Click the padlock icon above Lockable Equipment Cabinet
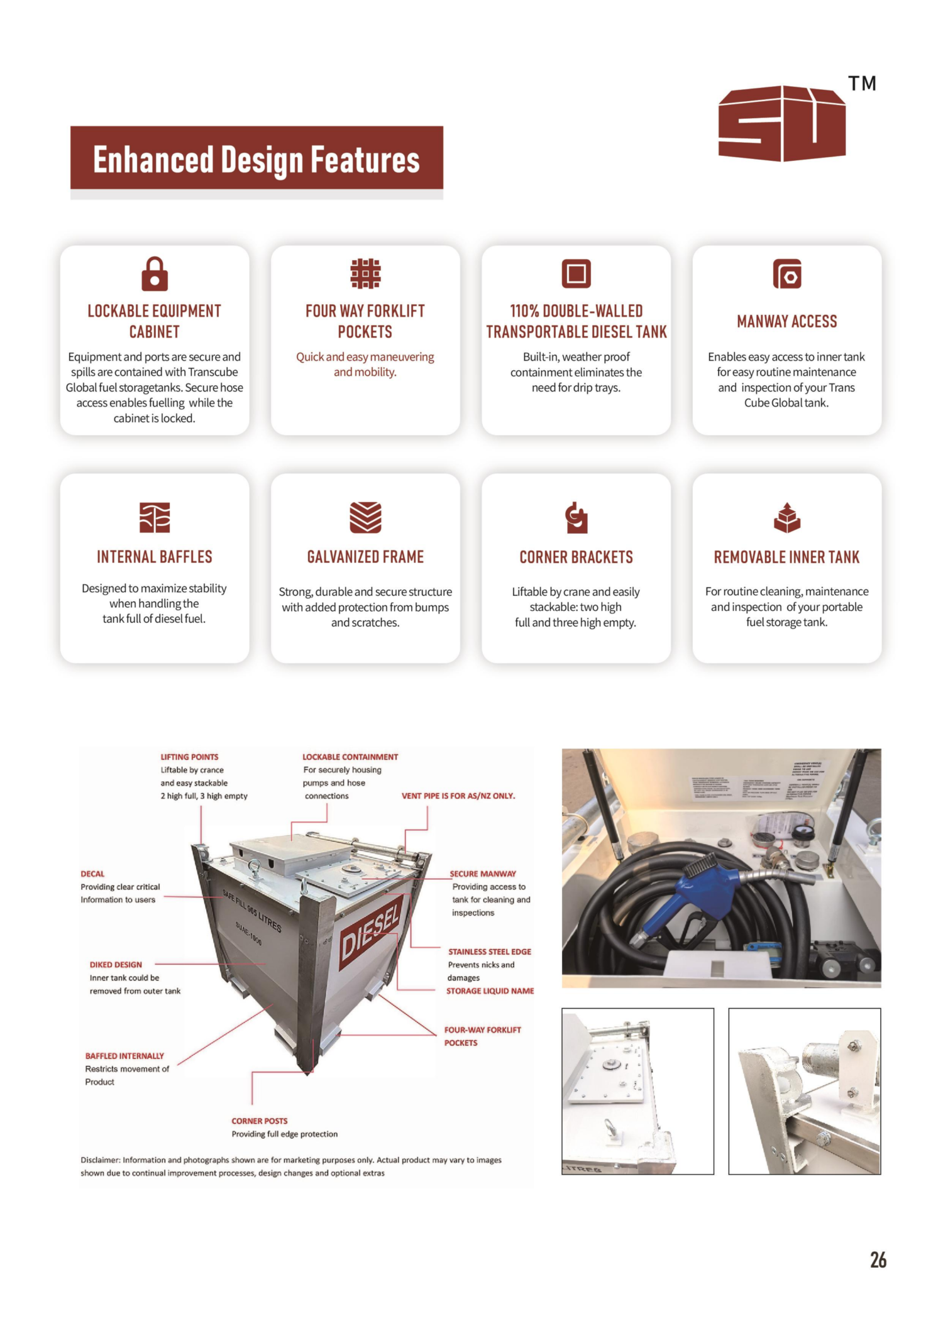click(x=155, y=274)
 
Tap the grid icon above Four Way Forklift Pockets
click(x=365, y=273)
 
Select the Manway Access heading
click(x=786, y=322)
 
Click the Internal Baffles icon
click(x=155, y=517)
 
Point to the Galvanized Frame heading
click(x=365, y=557)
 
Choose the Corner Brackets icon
click(x=576, y=517)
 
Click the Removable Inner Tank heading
click(x=786, y=557)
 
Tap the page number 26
click(x=878, y=1259)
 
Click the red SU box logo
click(x=781, y=123)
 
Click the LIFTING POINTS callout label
click(x=189, y=757)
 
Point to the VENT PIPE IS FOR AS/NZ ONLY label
click(x=458, y=796)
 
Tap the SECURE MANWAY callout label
click(x=483, y=874)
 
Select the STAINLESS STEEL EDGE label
click(x=490, y=952)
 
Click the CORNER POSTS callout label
click(x=259, y=1121)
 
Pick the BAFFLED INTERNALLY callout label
click(x=124, y=1056)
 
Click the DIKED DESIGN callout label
click(x=116, y=965)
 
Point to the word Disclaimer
click(x=100, y=1160)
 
